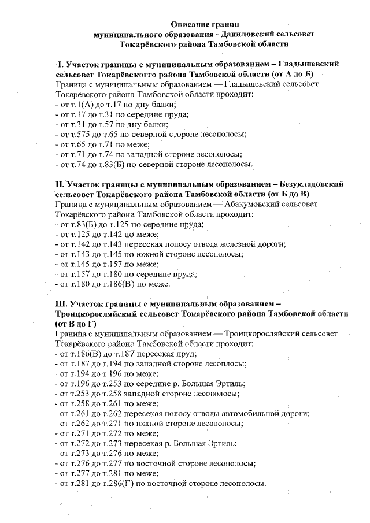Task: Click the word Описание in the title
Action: click(191, 24)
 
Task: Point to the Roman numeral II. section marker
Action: click(61, 184)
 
